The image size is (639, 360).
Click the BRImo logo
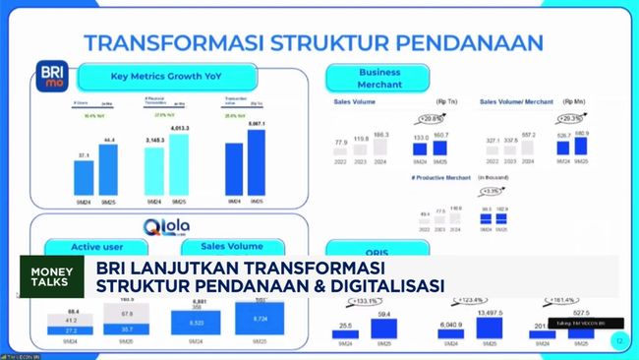51,78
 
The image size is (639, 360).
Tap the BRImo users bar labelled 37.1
84,177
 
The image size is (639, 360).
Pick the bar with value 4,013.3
180,165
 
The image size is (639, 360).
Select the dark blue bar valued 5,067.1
257,163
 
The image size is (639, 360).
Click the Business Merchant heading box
378,78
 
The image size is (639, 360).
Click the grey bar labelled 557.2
528,152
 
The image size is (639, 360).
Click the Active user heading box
83,247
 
